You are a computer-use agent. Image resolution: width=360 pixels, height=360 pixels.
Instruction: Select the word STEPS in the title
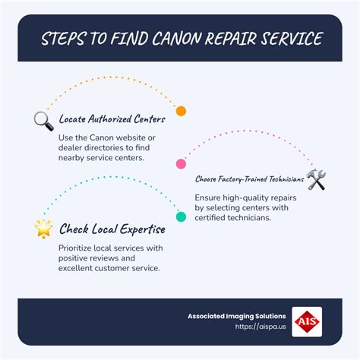(x=65, y=38)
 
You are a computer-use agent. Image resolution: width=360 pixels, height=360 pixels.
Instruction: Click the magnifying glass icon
(x=43, y=119)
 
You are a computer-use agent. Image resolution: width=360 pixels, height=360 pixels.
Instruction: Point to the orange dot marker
(x=181, y=111)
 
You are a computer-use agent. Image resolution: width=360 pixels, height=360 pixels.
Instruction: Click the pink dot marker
(x=181, y=163)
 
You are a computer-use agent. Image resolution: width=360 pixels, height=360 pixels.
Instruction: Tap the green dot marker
(x=181, y=216)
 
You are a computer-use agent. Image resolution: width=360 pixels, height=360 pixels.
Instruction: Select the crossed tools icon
(x=316, y=179)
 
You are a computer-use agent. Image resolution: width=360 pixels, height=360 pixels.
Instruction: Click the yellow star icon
(x=43, y=227)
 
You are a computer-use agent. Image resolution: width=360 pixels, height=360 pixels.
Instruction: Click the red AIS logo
(x=307, y=321)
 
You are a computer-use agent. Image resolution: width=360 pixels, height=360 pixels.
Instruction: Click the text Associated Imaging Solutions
(x=237, y=316)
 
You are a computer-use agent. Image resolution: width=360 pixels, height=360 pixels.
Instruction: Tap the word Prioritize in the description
(x=79, y=247)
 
